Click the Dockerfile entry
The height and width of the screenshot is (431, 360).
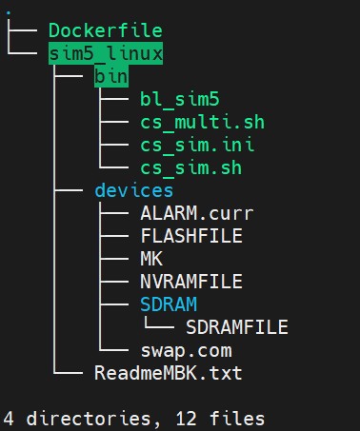pyautogui.click(x=106, y=30)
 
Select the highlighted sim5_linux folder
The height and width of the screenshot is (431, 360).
pyautogui.click(x=106, y=53)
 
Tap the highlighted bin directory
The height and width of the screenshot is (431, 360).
pyautogui.click(x=111, y=76)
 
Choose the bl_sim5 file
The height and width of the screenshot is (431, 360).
pyautogui.click(x=180, y=99)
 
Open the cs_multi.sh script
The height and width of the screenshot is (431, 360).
pyautogui.click(x=203, y=122)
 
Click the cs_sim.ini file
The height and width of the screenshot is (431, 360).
pyautogui.click(x=197, y=145)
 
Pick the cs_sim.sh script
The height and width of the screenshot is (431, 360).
pyautogui.click(x=191, y=167)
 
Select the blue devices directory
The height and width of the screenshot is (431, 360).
pyautogui.click(x=134, y=190)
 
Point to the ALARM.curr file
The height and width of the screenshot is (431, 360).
pyautogui.click(x=197, y=213)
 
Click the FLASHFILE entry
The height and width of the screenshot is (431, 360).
pyautogui.click(x=191, y=236)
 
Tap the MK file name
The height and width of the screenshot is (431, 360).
pyautogui.click(x=151, y=259)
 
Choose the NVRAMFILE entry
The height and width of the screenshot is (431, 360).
pyautogui.click(x=191, y=282)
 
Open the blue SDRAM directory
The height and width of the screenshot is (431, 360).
pyautogui.click(x=169, y=304)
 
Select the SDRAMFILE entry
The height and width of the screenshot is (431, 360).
pyautogui.click(x=237, y=327)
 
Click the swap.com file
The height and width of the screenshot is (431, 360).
pyautogui.click(x=187, y=351)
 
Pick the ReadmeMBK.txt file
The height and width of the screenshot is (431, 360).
pyautogui.click(x=169, y=373)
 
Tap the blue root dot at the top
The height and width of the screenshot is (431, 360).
pyautogui.click(x=9, y=13)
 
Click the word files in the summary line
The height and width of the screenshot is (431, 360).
pyautogui.click(x=237, y=419)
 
